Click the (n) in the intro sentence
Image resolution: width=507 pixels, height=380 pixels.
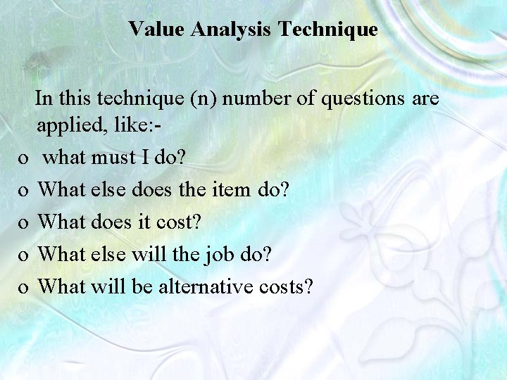tap(204, 99)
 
